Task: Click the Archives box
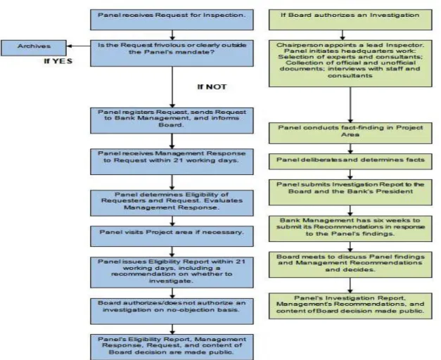[34, 48]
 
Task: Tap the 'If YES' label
[58, 61]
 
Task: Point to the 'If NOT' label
[212, 87]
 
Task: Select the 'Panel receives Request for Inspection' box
[172, 20]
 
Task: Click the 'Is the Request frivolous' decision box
[172, 53]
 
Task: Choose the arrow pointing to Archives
[79, 46]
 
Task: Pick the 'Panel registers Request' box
[172, 120]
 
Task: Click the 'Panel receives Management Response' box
[172, 162]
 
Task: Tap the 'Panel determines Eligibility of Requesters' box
[172, 203]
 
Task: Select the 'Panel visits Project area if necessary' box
[172, 236]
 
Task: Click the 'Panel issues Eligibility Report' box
[172, 272]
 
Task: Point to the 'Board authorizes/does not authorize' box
[172, 311]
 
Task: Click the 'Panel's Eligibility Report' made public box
[172, 347]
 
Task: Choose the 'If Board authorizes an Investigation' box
[350, 20]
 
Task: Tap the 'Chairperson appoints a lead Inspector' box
[350, 63]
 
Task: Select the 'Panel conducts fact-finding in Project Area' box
[350, 133]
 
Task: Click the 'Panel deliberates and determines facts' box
[350, 162]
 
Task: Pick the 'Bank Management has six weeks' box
[350, 229]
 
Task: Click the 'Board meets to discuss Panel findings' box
[350, 264]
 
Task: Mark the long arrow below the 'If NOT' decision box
[172, 87]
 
